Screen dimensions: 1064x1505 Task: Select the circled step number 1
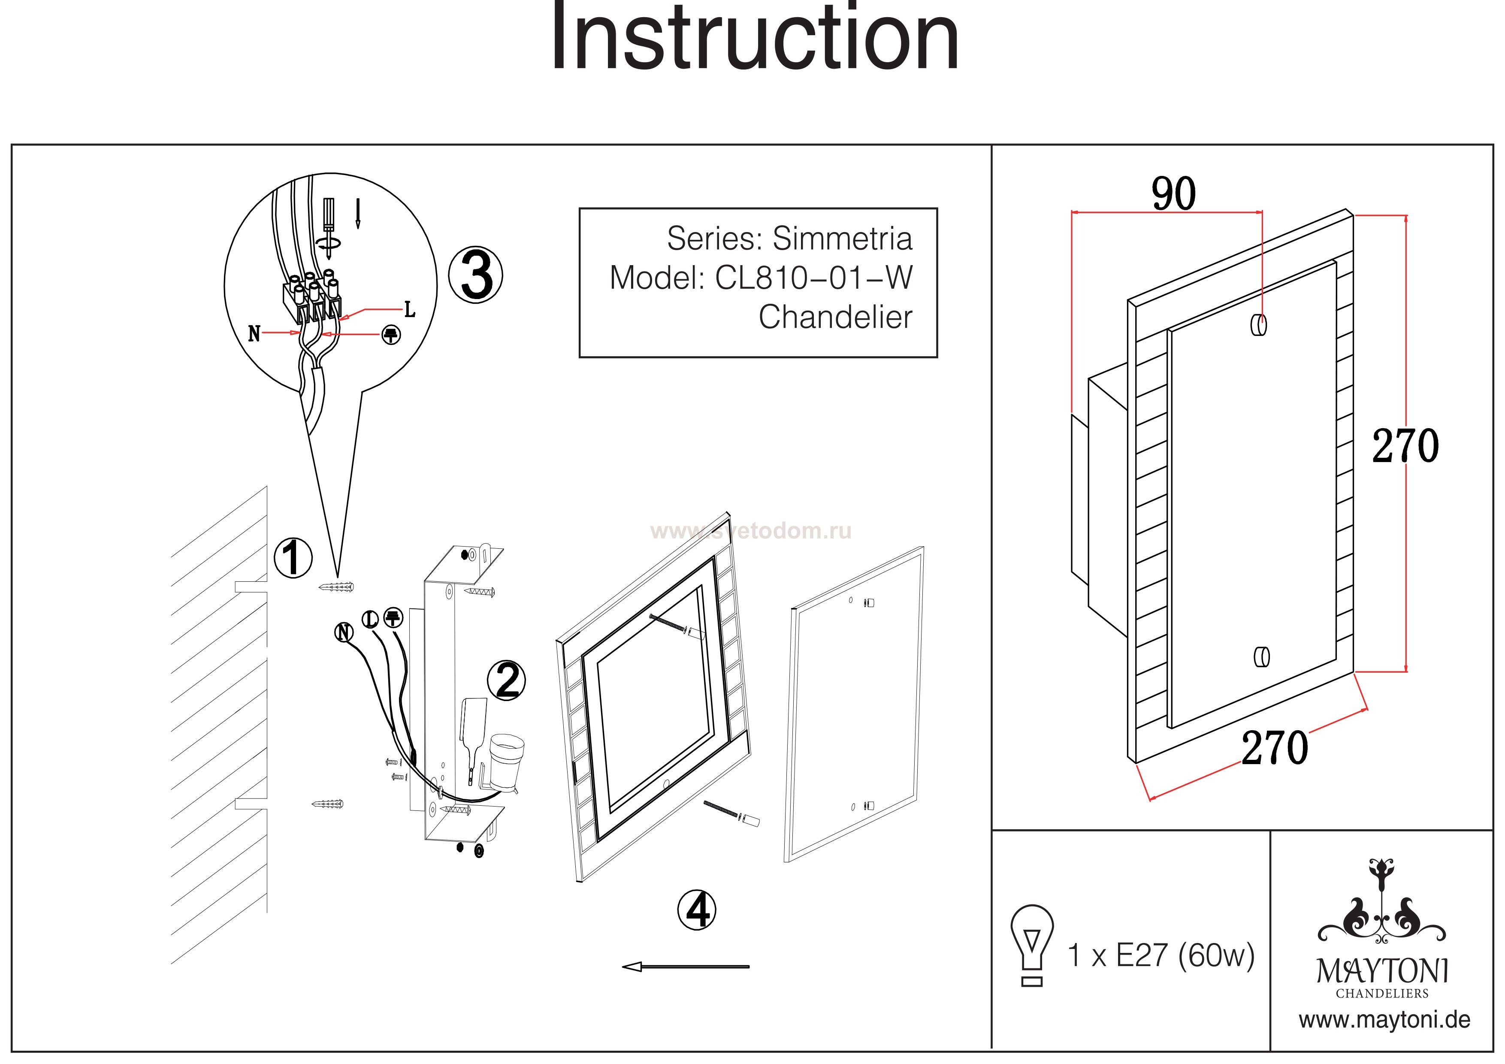(x=292, y=558)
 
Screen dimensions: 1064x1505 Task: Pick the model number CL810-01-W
(x=813, y=278)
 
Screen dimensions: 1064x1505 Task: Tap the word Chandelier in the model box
(x=835, y=317)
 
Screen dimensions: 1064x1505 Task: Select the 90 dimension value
(x=1173, y=194)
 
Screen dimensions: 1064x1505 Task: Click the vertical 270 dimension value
(x=1405, y=447)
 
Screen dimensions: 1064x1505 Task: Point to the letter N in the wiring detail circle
(x=254, y=334)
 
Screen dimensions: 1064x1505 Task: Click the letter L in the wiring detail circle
(x=410, y=309)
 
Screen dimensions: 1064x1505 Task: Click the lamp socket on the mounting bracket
(x=507, y=759)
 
